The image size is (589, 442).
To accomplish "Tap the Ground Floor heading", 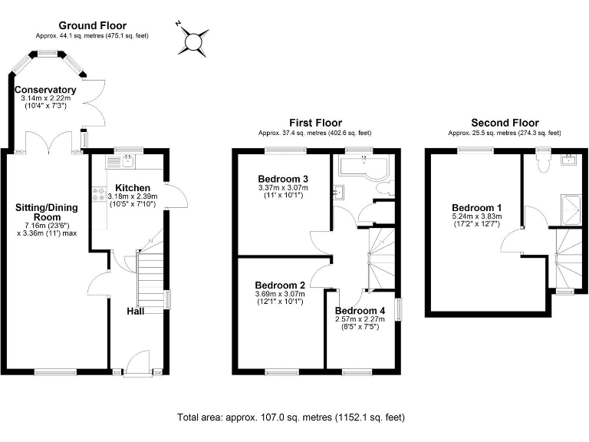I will [x=91, y=25].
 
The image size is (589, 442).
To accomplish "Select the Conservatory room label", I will [x=46, y=90].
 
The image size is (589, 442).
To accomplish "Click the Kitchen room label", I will [x=133, y=187].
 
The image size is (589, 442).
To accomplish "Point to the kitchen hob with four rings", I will [x=99, y=195].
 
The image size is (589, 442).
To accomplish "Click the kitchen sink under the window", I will [x=123, y=162].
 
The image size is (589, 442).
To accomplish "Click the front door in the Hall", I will [x=138, y=361].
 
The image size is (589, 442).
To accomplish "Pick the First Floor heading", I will [x=315, y=123].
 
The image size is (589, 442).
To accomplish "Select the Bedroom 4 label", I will [x=360, y=310].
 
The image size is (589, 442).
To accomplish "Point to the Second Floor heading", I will [x=504, y=123].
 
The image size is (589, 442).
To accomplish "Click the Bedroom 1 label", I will [x=476, y=208].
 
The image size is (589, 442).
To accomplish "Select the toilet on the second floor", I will [x=544, y=161].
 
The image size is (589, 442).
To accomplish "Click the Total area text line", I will [x=291, y=417].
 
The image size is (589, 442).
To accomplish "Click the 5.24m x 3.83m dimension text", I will [x=476, y=217].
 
